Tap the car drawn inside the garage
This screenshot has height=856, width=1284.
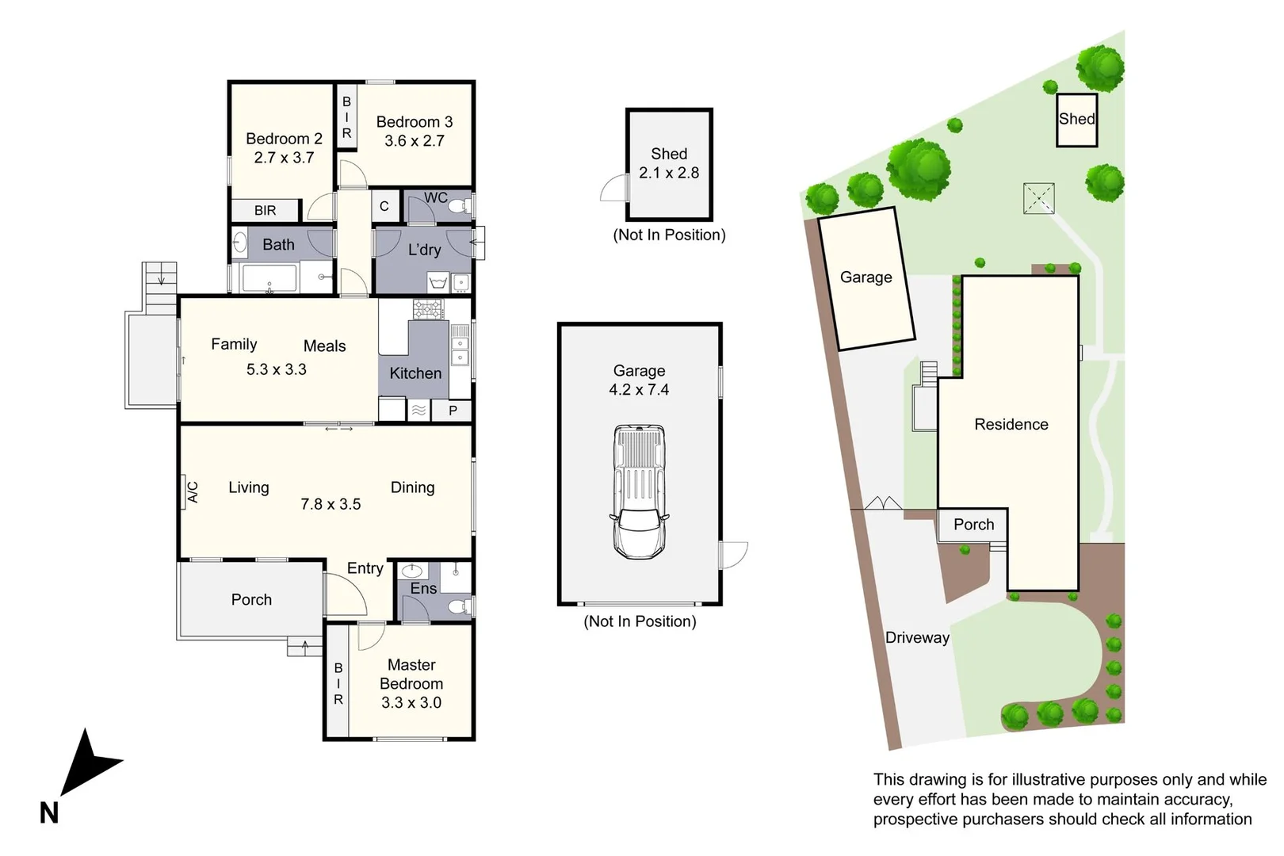[x=639, y=492]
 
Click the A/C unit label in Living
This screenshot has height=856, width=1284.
[x=193, y=492]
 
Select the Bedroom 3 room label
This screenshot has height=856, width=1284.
[x=415, y=121]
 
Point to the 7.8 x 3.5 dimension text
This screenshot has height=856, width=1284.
[x=331, y=504]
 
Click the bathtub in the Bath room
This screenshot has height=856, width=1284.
[x=269, y=279]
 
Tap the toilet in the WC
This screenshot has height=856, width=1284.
[x=459, y=206]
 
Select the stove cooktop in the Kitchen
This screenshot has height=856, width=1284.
[x=428, y=309]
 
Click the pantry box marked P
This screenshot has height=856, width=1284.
[x=453, y=411]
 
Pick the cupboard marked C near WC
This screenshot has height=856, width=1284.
[x=384, y=206]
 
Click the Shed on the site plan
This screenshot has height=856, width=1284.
[x=1077, y=119]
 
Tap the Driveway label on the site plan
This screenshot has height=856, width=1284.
[x=917, y=637]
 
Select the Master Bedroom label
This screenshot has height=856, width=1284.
[x=411, y=674]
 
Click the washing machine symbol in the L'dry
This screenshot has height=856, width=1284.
[x=438, y=282]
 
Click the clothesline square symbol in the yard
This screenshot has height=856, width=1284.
[x=1038, y=198]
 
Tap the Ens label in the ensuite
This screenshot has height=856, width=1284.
[x=423, y=588]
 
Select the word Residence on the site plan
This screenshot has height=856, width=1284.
[x=1011, y=424]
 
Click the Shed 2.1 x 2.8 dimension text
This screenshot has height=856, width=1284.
[x=669, y=173]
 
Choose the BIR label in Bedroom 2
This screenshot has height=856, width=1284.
[x=265, y=210]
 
